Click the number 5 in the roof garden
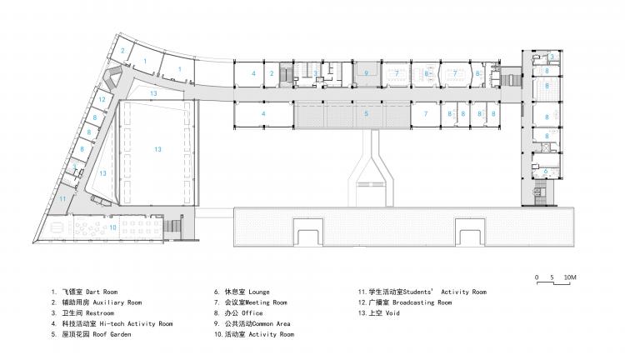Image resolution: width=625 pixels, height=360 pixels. click(365, 112)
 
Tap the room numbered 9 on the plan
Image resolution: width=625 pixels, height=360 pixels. click(365, 73)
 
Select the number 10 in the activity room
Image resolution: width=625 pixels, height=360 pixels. click(112, 227)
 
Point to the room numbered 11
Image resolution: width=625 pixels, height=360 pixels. click(62, 199)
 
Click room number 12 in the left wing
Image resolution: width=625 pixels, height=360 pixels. click(101, 99)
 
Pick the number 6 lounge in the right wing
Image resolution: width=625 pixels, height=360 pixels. click(546, 170)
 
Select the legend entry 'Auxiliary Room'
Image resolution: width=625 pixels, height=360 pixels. click(112, 302)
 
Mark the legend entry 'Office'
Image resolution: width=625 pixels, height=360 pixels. click(250, 313)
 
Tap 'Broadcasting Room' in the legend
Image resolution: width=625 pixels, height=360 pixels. click(421, 302)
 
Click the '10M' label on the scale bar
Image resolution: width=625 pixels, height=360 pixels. click(570, 276)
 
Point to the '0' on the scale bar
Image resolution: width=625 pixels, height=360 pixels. click(537, 276)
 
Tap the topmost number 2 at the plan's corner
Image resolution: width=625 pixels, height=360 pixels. click(122, 51)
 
